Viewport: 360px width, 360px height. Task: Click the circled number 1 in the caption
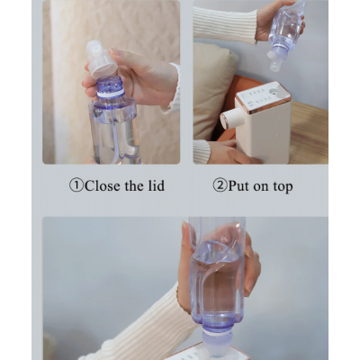pos(76,185)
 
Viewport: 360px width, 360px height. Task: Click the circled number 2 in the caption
pos(220,185)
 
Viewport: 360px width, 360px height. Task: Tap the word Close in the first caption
pos(103,185)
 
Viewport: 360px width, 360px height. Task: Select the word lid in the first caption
pos(157,185)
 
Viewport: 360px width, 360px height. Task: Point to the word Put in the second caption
pos(238,186)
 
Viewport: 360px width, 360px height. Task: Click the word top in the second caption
pos(283,187)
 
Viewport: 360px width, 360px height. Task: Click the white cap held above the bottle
pos(102,59)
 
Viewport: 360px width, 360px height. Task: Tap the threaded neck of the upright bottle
pos(110,84)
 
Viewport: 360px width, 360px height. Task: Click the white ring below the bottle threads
pos(111,94)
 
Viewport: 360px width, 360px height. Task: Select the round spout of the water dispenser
pos(231,118)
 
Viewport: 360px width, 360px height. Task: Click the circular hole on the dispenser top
pos(275,91)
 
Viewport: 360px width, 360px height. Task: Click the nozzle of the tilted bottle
pos(275,62)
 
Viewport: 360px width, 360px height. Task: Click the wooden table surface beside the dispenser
pos(310,132)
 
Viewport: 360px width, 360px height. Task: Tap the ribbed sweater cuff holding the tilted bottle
pos(225,25)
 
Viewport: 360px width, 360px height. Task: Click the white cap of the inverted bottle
pos(217,343)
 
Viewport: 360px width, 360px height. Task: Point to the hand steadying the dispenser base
pos(232,152)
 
